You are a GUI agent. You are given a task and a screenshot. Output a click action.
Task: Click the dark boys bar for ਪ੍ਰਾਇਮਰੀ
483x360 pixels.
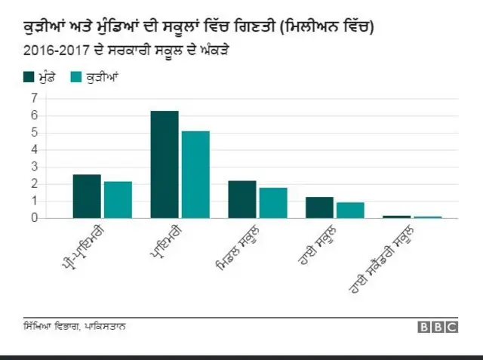click(x=165, y=165)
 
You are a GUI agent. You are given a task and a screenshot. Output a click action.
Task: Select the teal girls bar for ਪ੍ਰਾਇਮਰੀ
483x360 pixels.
click(x=195, y=174)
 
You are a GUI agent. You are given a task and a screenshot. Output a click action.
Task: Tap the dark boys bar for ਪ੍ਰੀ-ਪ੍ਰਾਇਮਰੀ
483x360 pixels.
click(x=87, y=196)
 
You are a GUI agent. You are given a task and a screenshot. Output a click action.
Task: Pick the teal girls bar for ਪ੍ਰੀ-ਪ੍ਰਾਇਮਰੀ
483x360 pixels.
click(x=118, y=199)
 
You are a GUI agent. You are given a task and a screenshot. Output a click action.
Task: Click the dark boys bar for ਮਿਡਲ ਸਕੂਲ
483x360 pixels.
click(x=242, y=199)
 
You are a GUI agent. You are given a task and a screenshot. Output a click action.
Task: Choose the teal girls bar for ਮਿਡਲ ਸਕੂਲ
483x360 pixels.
click(x=273, y=202)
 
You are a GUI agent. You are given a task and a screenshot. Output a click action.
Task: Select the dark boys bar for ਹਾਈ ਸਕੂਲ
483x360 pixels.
click(x=320, y=208)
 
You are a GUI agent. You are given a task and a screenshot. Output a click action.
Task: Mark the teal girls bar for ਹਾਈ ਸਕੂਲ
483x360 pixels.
click(x=350, y=210)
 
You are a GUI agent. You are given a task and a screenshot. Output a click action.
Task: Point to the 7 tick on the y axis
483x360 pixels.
click(x=34, y=98)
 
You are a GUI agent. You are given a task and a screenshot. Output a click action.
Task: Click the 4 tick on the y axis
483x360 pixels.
click(x=34, y=149)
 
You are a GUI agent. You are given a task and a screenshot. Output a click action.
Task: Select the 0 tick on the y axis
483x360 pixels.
click(x=34, y=218)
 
